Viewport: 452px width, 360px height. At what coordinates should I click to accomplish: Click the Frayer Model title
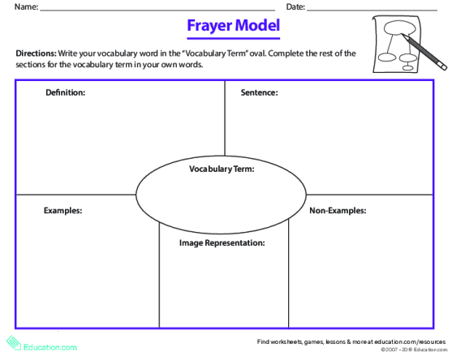233,26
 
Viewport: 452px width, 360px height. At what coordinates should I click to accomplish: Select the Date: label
295,7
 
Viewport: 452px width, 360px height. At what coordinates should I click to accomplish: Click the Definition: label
66,92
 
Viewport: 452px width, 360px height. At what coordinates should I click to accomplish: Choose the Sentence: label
260,92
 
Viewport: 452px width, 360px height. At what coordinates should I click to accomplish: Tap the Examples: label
62,211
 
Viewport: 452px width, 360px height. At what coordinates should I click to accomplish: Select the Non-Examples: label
338,211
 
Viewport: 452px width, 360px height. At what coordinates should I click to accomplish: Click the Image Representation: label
222,242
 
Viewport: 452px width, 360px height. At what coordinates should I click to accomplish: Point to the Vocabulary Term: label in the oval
222,169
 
